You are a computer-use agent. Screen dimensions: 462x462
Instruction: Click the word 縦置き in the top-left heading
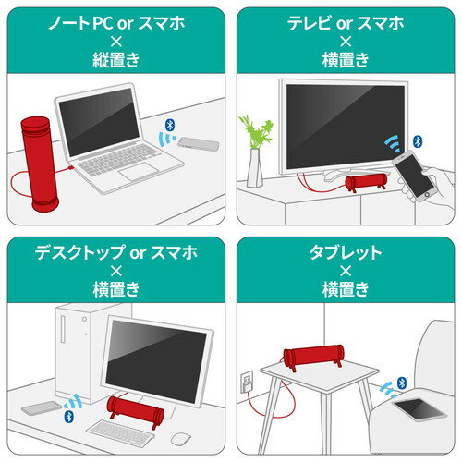coord(115,60)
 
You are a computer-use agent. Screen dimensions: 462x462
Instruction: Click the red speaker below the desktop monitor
coord(135,407)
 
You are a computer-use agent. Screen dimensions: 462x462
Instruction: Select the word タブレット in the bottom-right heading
coord(345,250)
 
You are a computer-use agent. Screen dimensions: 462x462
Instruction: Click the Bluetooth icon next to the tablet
coord(401,382)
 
